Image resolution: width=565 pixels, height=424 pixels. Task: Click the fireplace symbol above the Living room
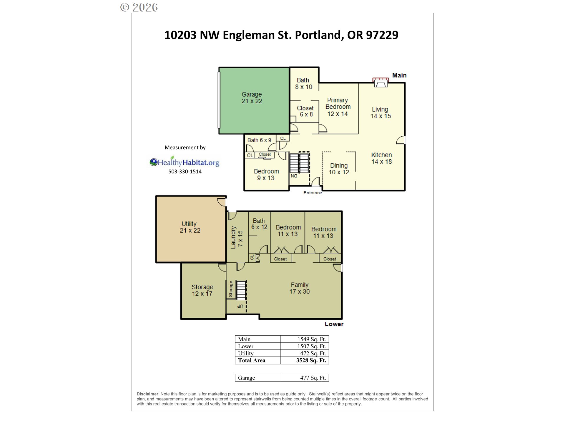pyautogui.click(x=380, y=82)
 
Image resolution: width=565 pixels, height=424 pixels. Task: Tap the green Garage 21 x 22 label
pyautogui.click(x=252, y=98)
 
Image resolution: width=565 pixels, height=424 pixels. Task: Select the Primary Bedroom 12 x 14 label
pyautogui.click(x=338, y=107)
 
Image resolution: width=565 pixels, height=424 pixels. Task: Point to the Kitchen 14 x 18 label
pyautogui.click(x=381, y=158)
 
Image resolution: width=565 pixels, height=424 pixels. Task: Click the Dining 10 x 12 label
pyautogui.click(x=339, y=169)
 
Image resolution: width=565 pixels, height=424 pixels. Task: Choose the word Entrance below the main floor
pyautogui.click(x=313, y=193)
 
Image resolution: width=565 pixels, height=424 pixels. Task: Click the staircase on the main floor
pyautogui.click(x=300, y=163)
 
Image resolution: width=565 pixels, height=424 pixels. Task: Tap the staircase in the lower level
pyautogui.click(x=241, y=290)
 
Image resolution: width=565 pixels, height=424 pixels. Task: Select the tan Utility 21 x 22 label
pyautogui.click(x=190, y=227)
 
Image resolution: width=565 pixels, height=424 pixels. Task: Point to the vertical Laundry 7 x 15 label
pyautogui.click(x=237, y=238)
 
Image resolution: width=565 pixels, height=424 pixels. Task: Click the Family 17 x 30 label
pyautogui.click(x=299, y=288)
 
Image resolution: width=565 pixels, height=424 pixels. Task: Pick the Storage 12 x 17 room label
pyautogui.click(x=202, y=290)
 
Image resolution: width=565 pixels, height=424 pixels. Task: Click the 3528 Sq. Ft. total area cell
pyautogui.click(x=311, y=360)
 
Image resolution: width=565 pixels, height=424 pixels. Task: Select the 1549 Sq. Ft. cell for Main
pyautogui.click(x=312, y=339)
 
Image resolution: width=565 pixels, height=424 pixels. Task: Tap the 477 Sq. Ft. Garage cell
pyautogui.click(x=313, y=378)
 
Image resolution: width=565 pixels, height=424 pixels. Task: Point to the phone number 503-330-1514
pyautogui.click(x=185, y=172)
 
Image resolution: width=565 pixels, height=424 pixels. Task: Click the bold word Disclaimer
pyautogui.click(x=148, y=394)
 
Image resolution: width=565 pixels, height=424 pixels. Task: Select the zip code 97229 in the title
pyautogui.click(x=382, y=35)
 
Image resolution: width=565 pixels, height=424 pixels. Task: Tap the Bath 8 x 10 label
pyautogui.click(x=303, y=84)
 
